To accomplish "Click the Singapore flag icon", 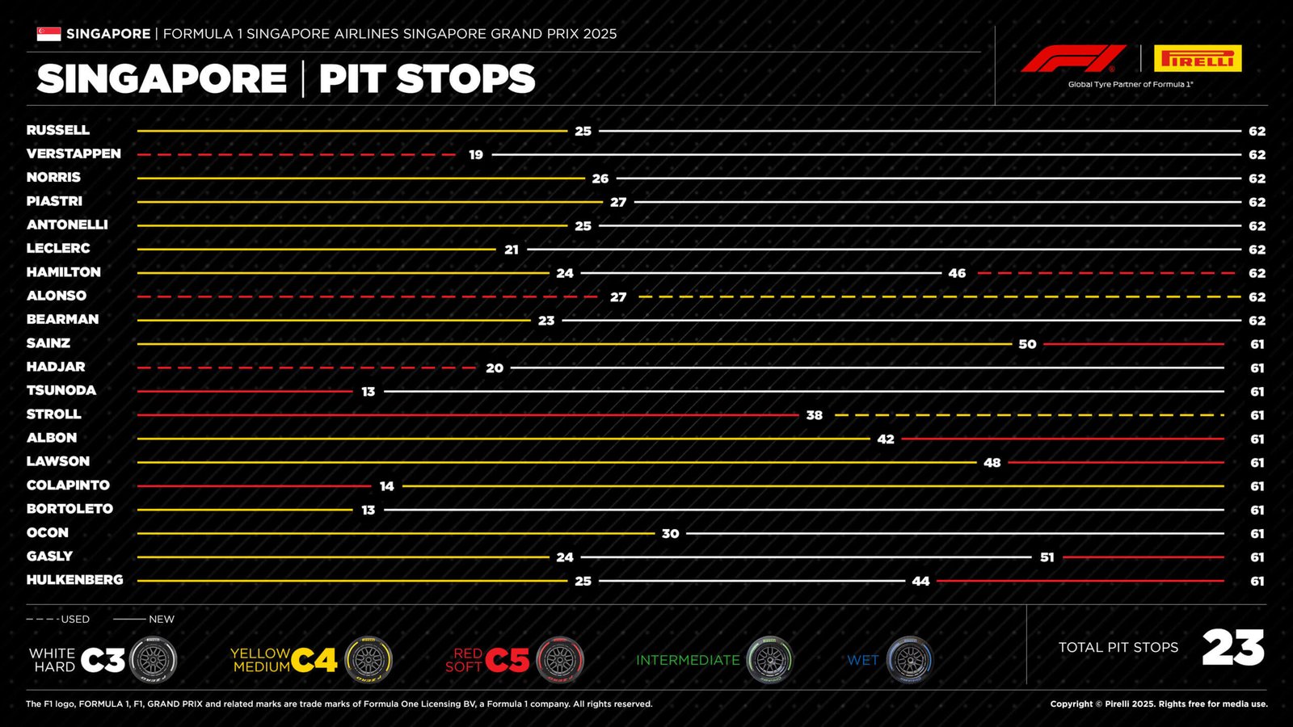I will click(x=48, y=34).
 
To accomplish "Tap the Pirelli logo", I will click(x=1197, y=59).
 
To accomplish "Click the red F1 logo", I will click(x=1073, y=59).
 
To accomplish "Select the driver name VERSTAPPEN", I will click(x=74, y=153).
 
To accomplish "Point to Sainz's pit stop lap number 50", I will click(x=1027, y=344).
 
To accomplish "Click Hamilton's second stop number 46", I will click(x=957, y=273).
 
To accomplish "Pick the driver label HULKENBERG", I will click(x=74, y=580).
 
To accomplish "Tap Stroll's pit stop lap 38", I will click(x=814, y=415).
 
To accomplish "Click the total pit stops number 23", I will click(x=1232, y=648).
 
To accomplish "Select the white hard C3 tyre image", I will click(x=153, y=660).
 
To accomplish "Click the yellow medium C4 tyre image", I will click(x=369, y=660).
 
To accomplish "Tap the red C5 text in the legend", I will click(x=508, y=660).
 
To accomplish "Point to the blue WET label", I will click(x=862, y=660).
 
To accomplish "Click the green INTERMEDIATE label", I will click(x=688, y=660).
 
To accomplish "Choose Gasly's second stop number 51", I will click(x=1047, y=557).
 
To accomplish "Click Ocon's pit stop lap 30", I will click(x=670, y=534).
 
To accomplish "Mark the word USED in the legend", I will click(x=75, y=620).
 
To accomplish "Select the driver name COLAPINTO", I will click(x=68, y=485).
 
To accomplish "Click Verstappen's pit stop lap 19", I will click(x=476, y=154).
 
